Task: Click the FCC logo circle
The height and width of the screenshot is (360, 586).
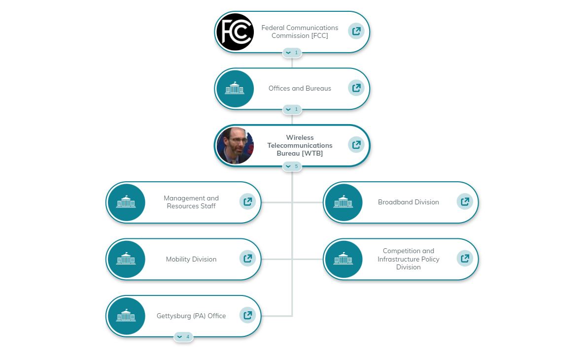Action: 235,32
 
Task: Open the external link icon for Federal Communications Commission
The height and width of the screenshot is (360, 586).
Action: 356,32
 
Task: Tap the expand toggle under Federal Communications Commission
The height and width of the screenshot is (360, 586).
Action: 292,53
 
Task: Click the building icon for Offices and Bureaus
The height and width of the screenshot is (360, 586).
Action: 235,89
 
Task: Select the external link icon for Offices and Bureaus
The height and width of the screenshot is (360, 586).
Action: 356,88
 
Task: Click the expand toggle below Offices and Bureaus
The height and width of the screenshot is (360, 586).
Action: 292,109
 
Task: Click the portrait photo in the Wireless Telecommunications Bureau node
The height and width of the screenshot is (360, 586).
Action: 235,146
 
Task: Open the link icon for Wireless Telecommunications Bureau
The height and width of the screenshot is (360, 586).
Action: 356,145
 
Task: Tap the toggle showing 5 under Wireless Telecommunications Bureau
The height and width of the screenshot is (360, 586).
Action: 292,166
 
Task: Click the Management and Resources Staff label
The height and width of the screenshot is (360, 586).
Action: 191,202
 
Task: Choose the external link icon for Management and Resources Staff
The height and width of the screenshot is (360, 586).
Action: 247,201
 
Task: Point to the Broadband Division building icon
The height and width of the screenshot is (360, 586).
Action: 344,202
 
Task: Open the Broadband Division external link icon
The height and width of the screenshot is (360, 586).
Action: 465,201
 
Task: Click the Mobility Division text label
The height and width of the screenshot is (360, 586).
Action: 191,260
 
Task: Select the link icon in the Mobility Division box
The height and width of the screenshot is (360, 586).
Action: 247,258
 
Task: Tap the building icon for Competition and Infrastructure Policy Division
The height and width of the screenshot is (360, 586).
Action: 344,259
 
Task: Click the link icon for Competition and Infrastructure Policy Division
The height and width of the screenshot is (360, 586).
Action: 465,258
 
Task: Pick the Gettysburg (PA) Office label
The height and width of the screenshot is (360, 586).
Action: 191,316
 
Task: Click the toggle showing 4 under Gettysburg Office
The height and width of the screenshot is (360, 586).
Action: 183,337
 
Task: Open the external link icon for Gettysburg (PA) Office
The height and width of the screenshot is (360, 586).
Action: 247,315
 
